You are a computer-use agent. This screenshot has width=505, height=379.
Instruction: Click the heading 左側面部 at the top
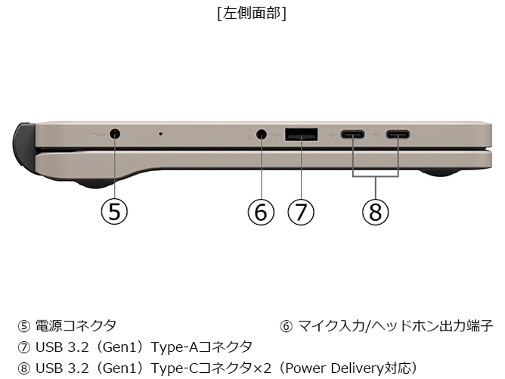[x=253, y=14]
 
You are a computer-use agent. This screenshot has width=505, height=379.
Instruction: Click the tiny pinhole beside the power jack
[x=161, y=133]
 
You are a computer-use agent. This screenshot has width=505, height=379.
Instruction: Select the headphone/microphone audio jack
[x=262, y=134]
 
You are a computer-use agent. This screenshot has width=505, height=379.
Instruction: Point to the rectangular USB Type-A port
[x=301, y=134]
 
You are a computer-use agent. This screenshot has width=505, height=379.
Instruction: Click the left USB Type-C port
[x=353, y=134]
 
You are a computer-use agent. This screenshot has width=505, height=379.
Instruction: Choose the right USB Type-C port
[x=398, y=134]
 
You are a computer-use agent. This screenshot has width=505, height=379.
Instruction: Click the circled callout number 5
[x=114, y=212]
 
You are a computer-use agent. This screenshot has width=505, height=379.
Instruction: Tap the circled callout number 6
[x=261, y=212]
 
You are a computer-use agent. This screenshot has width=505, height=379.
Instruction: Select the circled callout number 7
[x=301, y=212]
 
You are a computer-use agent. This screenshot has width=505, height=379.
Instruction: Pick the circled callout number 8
[x=376, y=212]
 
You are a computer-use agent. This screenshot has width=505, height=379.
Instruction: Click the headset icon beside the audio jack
[x=249, y=135]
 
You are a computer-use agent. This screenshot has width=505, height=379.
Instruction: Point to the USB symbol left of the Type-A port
[x=275, y=134]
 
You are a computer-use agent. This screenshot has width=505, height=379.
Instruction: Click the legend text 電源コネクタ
[x=76, y=326]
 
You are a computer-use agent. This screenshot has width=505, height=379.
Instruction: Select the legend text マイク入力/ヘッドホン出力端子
[x=395, y=326]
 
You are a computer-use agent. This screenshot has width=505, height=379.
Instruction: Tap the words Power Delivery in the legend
[x=334, y=368]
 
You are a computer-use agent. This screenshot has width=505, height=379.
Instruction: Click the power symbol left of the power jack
[x=98, y=135]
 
